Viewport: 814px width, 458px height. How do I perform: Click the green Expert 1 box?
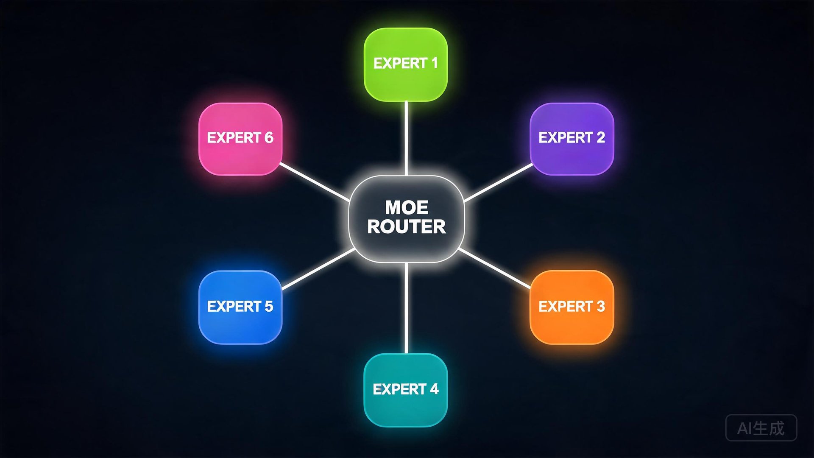pyautogui.click(x=406, y=64)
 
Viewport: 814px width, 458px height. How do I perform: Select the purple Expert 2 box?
pyautogui.click(x=571, y=139)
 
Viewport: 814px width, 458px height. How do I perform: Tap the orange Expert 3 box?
pyautogui.click(x=571, y=307)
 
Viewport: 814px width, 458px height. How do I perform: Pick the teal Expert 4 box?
pyautogui.click(x=406, y=390)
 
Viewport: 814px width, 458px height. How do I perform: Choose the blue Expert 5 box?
pyautogui.click(x=240, y=307)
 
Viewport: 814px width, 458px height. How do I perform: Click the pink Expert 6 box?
pyautogui.click(x=240, y=139)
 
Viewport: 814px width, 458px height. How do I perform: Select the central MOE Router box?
pyautogui.click(x=406, y=219)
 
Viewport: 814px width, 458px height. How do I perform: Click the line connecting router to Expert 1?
pyautogui.click(x=406, y=138)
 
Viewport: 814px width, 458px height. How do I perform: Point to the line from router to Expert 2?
pyautogui.click(x=499, y=182)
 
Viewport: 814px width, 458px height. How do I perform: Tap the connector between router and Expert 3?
pyautogui.click(x=495, y=268)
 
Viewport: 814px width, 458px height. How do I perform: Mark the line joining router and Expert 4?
pyautogui.click(x=406, y=308)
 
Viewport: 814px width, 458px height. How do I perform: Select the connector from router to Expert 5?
pyautogui.click(x=318, y=269)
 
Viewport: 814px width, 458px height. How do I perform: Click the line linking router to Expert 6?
pyautogui.click(x=315, y=182)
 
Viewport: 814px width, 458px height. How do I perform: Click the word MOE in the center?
pyautogui.click(x=407, y=208)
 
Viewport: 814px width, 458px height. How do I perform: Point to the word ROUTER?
pyautogui.click(x=407, y=227)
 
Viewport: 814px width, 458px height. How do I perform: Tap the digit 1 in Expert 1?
pyautogui.click(x=434, y=63)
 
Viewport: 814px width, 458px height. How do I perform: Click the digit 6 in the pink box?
pyautogui.click(x=269, y=138)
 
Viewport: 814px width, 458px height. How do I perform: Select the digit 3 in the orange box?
pyautogui.click(x=600, y=306)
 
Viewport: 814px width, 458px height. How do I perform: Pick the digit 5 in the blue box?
pyautogui.click(x=269, y=306)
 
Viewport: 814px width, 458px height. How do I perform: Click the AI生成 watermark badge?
pyautogui.click(x=761, y=428)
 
